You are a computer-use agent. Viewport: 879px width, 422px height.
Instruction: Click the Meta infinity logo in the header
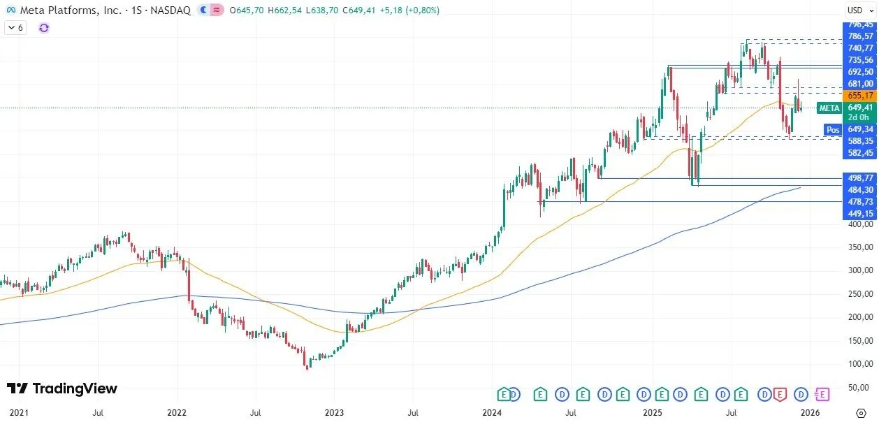click(10, 10)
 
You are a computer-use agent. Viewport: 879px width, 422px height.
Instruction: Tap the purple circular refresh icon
click(44, 28)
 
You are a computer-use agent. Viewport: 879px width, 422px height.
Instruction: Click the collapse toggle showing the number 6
click(15, 28)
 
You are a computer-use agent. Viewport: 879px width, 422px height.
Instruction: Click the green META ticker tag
click(829, 108)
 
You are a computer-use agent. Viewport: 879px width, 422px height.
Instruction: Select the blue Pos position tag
click(832, 129)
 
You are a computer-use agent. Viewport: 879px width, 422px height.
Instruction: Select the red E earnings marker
click(780, 395)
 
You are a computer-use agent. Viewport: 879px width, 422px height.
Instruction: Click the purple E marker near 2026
click(822, 395)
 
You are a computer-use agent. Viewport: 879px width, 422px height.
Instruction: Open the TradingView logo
click(62, 388)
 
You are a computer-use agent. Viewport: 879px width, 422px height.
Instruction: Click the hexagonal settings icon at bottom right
click(861, 413)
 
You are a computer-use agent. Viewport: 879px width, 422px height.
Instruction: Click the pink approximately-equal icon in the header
click(217, 10)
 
